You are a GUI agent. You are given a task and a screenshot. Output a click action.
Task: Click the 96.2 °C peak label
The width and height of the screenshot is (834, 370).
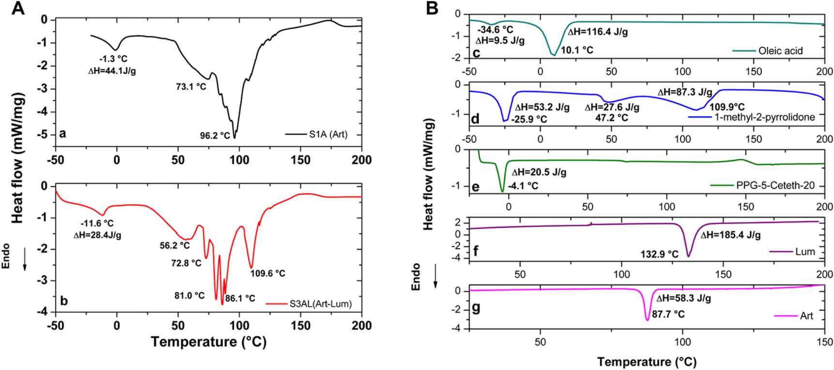(x=215, y=136)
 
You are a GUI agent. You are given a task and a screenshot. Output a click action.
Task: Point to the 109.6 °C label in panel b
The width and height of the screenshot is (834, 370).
(x=268, y=274)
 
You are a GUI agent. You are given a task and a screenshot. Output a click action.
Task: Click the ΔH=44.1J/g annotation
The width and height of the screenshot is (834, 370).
(x=112, y=71)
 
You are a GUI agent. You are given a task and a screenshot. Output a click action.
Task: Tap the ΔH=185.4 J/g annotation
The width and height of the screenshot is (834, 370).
(x=730, y=236)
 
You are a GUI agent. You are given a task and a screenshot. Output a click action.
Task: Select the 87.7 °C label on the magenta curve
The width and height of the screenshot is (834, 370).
(x=668, y=314)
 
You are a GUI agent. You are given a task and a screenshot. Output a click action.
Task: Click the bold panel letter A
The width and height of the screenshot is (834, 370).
(x=17, y=8)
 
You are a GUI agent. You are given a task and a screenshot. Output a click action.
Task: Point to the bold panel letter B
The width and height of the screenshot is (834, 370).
(x=432, y=8)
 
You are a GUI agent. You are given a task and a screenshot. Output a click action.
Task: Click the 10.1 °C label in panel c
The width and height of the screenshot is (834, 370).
(x=577, y=50)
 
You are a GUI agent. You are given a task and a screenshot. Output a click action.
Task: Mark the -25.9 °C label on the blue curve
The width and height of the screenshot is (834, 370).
(x=529, y=119)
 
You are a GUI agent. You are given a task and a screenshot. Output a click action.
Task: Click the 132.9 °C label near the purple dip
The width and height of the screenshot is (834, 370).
(x=659, y=254)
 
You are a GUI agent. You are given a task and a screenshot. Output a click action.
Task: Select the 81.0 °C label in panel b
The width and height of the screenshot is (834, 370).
(x=189, y=296)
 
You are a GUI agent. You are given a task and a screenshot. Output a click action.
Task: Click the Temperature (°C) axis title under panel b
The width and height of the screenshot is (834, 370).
(x=208, y=342)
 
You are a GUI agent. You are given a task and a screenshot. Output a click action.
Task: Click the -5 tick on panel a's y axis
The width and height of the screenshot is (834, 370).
(x=44, y=134)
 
